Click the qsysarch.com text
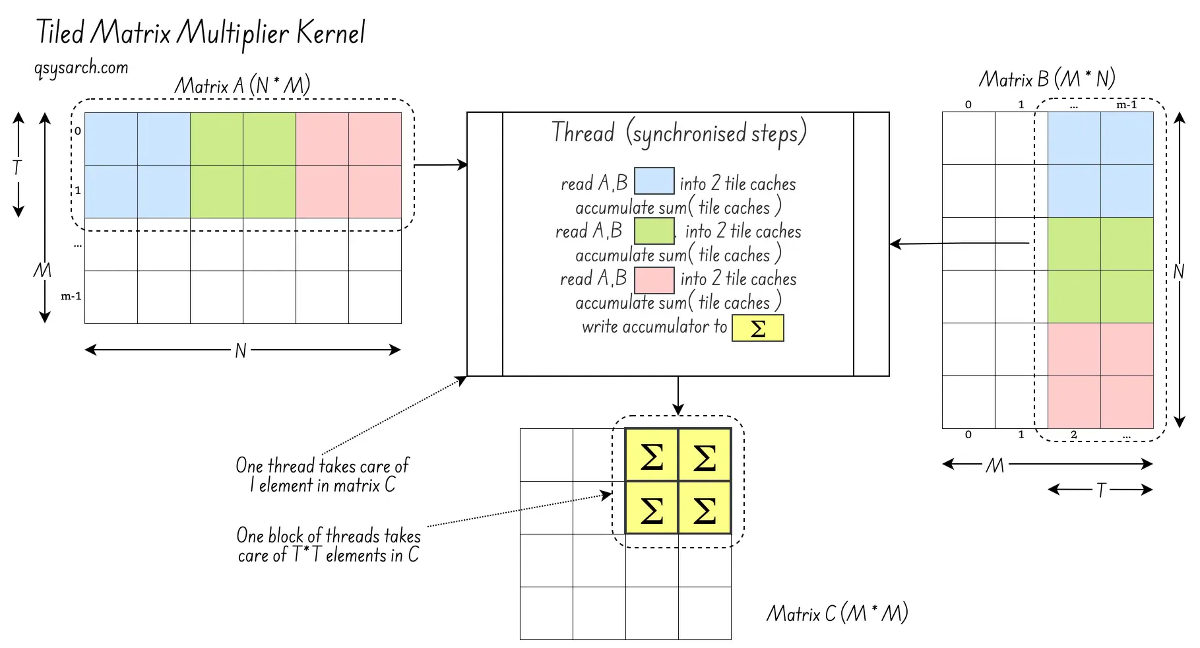pos(81,67)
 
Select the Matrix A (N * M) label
pos(242,85)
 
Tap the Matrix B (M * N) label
pos(1046,80)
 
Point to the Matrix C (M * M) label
pos(837,613)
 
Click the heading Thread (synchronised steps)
pos(679,133)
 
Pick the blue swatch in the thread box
pos(654,181)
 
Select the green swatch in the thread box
pos(654,231)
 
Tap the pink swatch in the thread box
pos(654,279)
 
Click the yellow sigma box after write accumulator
pos(758,328)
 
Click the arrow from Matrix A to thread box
pos(441,165)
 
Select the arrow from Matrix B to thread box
pos(959,244)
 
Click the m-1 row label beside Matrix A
pos(71,296)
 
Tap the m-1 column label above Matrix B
pos(1126,105)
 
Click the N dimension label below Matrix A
pos(241,350)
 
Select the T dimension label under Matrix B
pos(1100,490)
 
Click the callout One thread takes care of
pos(322,475)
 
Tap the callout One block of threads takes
pos(328,545)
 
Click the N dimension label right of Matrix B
pos(1179,271)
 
